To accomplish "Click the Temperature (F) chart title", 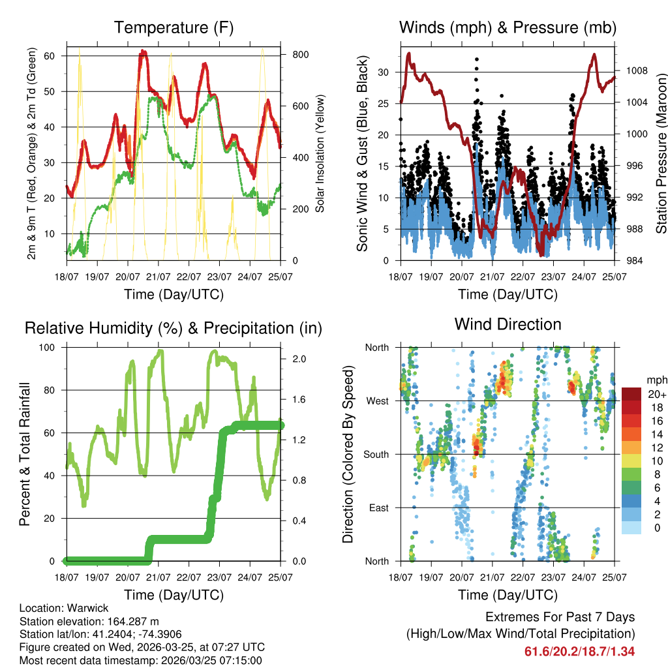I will coord(174,27).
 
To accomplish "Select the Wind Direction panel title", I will coord(508,324).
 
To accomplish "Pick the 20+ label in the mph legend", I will coord(656,394).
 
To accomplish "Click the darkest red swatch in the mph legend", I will coord(631,394).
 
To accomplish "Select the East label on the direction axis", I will coord(378,508).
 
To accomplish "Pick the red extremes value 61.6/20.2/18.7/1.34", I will coord(579,651).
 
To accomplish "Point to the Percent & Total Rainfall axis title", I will coord(25,454).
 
